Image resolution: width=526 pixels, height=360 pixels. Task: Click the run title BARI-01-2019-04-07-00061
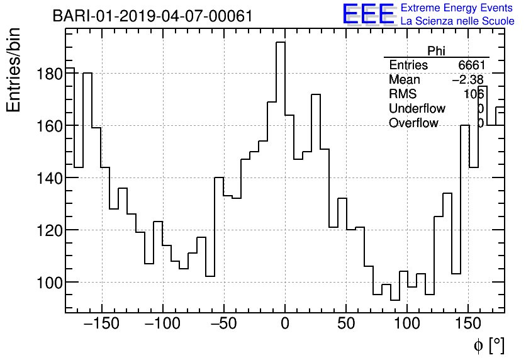pyautogui.click(x=152, y=16)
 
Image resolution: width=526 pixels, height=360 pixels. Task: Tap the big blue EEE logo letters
pyautogui.click(x=368, y=14)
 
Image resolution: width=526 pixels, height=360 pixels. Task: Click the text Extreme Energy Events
pyautogui.click(x=457, y=8)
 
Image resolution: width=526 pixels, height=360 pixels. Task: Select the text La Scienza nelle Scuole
pyautogui.click(x=457, y=21)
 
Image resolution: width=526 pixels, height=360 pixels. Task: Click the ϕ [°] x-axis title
pyautogui.click(x=489, y=345)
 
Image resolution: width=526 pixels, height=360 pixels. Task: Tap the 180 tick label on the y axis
pyautogui.click(x=47, y=74)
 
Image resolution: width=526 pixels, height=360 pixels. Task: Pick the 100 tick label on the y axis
pyautogui.click(x=47, y=283)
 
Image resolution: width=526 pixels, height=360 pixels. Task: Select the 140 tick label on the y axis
pyautogui.click(x=47, y=178)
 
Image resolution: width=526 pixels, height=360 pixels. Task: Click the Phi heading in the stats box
pyautogui.click(x=436, y=51)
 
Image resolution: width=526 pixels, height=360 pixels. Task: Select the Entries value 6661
pyautogui.click(x=471, y=65)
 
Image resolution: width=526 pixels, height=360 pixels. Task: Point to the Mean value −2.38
pyautogui.click(x=467, y=80)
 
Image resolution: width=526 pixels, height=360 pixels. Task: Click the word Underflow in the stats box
pyautogui.click(x=417, y=109)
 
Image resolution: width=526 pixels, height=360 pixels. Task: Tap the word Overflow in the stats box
pyautogui.click(x=413, y=123)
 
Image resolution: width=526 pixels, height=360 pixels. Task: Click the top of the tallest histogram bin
pyautogui.click(x=281, y=42)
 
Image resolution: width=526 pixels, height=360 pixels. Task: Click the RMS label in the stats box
pyautogui.click(x=403, y=94)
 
